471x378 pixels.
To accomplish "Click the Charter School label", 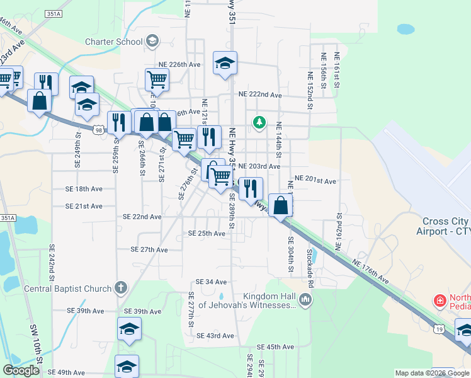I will (114, 42).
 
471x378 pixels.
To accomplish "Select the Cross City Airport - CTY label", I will (443, 226).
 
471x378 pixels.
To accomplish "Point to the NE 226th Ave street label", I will (179, 65).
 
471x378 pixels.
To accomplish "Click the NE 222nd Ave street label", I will (260, 94).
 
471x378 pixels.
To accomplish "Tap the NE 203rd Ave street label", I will (259, 166).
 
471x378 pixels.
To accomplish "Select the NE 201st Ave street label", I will (315, 181).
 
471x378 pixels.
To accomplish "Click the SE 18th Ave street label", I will (84, 189).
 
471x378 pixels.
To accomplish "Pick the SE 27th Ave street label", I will (149, 249).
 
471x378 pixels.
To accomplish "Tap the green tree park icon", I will (258, 122).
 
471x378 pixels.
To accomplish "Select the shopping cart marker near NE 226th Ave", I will (157, 79).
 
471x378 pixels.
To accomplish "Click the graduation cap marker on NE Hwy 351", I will (225, 63).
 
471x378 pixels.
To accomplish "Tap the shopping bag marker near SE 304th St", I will (281, 204).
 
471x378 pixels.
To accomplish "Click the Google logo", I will (21, 370).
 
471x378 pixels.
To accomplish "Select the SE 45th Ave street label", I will (276, 347).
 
